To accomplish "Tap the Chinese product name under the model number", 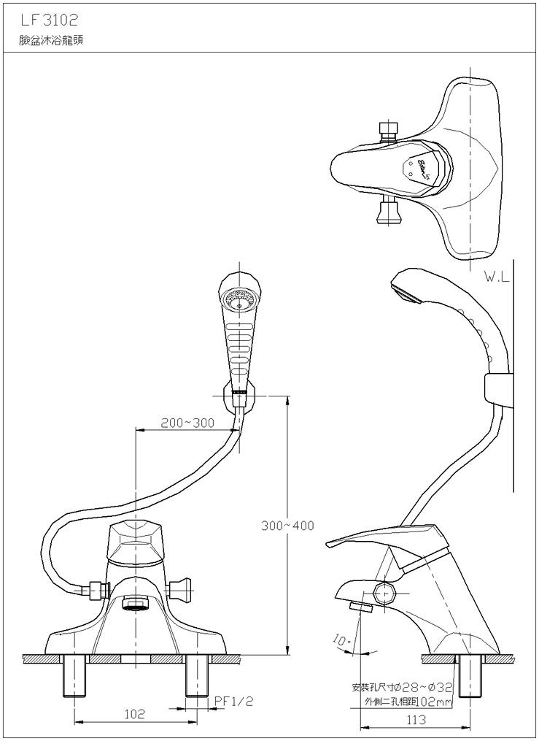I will coord(52,41).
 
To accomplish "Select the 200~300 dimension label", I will coord(187,423).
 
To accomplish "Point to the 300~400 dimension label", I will coord(287,526).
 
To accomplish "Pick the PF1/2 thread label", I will coord(233,701).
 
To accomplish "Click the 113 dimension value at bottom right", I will coord(415,720).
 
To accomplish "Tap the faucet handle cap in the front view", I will coord(136,540).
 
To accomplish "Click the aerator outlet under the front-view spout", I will coord(136,604).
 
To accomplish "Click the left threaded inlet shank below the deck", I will coord(76,678).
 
